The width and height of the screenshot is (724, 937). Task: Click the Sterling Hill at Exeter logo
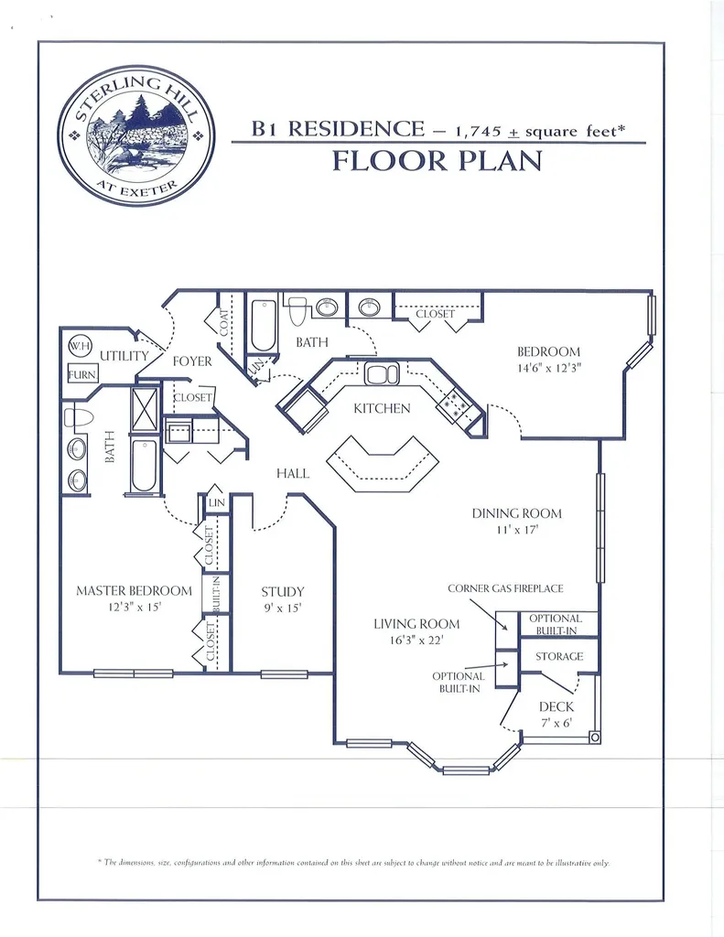[x=136, y=136]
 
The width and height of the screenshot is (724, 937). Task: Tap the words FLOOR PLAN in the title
[x=437, y=161]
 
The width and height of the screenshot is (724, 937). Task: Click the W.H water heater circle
[x=80, y=345]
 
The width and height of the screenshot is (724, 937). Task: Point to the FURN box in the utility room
[x=81, y=374]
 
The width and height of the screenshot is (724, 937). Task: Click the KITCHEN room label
[x=382, y=409]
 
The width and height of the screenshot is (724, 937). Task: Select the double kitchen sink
[x=382, y=374]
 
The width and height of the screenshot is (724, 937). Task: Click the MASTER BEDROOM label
[x=134, y=591]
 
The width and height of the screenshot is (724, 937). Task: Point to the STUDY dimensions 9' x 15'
[x=282, y=609]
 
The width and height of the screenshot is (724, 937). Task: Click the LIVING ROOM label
[x=416, y=624]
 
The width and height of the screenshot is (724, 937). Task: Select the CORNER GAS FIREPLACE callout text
[x=505, y=588]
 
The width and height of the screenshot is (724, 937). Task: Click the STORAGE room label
[x=559, y=656]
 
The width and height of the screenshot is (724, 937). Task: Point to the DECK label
[x=556, y=707]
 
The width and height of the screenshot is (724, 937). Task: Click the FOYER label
[x=192, y=361]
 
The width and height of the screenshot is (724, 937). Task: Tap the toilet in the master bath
[x=79, y=417]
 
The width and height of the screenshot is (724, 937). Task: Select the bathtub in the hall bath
[x=263, y=325]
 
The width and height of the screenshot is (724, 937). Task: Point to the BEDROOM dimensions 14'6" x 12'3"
[x=549, y=368]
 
